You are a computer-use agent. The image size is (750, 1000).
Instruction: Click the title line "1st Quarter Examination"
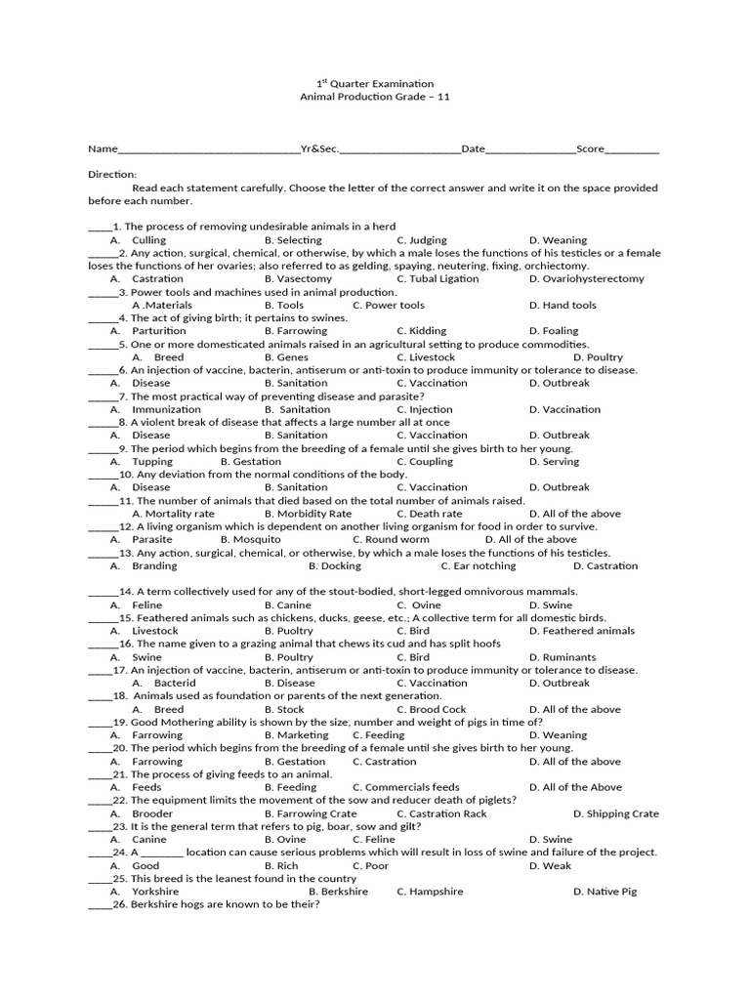click(x=375, y=84)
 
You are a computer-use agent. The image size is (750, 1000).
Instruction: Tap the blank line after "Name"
click(x=209, y=149)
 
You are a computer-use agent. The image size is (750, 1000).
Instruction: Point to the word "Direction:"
click(x=112, y=174)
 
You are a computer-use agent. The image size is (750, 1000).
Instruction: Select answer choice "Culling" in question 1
click(x=148, y=240)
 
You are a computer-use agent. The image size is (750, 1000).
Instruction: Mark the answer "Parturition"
click(x=159, y=331)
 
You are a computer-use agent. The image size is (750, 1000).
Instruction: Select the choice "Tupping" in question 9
click(x=152, y=462)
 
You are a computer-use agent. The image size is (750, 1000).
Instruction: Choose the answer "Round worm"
click(x=397, y=539)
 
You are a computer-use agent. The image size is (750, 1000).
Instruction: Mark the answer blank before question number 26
click(x=101, y=905)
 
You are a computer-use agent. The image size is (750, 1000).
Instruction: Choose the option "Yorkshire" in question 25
click(x=156, y=892)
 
